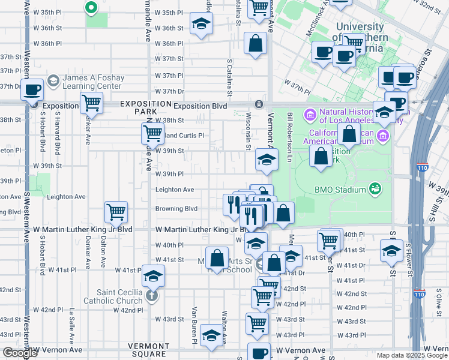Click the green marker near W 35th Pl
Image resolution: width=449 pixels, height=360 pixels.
click(91, 8)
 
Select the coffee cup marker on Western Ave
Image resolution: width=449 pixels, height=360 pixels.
click(32, 90)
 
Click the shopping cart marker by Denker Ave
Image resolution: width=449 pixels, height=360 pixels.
click(91, 103)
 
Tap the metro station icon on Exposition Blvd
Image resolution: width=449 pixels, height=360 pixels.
click(259, 104)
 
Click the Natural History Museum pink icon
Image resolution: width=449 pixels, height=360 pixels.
click(310, 114)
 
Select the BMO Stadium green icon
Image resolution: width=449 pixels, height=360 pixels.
click(376, 190)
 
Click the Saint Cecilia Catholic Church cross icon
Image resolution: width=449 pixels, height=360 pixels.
click(152, 296)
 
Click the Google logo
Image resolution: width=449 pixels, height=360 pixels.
click(20, 353)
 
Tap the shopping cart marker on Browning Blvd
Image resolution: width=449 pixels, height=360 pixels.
click(116, 211)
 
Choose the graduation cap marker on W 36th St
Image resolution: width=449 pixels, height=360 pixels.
click(201, 25)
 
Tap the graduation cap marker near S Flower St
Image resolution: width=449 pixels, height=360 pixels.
click(391, 250)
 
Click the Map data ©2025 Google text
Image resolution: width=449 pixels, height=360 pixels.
click(411, 355)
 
